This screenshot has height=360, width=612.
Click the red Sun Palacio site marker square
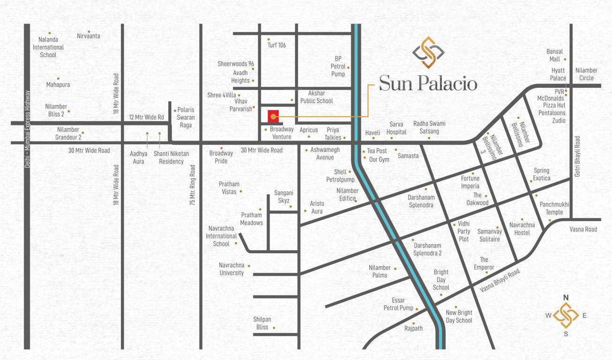273,116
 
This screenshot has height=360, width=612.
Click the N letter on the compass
566,297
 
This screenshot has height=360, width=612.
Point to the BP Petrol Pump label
338,66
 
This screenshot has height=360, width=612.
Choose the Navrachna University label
231,269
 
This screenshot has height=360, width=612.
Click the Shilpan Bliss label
263,323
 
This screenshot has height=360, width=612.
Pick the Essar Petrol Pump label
398,304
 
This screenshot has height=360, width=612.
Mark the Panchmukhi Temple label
554,209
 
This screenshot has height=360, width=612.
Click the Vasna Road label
583,229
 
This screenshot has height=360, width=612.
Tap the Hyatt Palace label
558,74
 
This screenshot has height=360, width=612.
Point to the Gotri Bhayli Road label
577,157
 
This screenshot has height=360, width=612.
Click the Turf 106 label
276,45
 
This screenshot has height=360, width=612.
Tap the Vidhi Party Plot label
463,232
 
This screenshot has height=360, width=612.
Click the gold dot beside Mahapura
58,79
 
